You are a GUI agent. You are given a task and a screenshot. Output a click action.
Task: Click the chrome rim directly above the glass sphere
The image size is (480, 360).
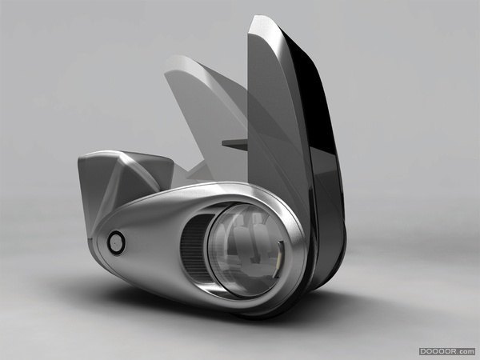[x=240, y=196]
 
